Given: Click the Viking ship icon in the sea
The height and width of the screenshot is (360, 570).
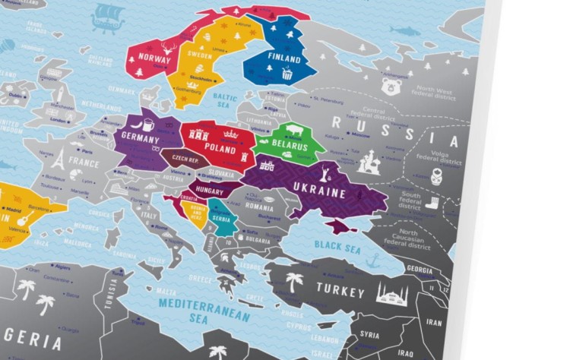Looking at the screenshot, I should coord(107,17).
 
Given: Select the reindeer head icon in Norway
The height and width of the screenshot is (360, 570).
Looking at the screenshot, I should coord(169,47).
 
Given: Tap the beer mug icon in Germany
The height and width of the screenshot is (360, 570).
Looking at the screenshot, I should coord(147,123).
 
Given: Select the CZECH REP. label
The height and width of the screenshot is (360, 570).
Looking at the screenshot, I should coord(185,159).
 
